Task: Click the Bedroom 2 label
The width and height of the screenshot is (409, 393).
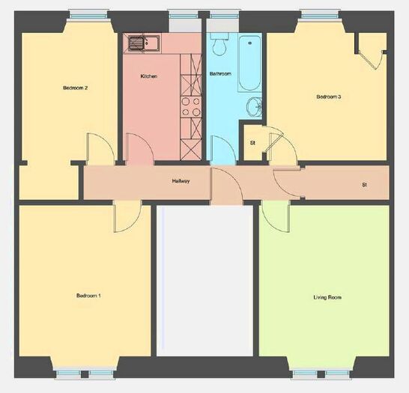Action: [76, 88]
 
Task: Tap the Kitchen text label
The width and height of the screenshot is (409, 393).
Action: [148, 76]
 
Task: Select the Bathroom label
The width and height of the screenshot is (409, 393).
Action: [220, 74]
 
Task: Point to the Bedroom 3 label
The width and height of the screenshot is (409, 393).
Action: [329, 97]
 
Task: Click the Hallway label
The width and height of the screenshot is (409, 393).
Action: [181, 181]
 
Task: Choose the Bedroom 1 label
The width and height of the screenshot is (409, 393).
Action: [88, 296]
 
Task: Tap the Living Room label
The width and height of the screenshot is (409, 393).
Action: [327, 297]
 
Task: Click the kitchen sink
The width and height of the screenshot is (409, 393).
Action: [142, 43]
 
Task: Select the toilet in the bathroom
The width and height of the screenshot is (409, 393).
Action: [219, 44]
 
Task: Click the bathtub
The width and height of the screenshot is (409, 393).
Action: [249, 63]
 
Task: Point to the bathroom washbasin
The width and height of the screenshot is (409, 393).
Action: [254, 106]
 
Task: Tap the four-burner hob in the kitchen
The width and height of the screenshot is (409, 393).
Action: [191, 106]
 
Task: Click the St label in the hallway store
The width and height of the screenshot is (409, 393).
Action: [364, 184]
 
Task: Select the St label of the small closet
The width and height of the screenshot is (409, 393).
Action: [252, 143]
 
